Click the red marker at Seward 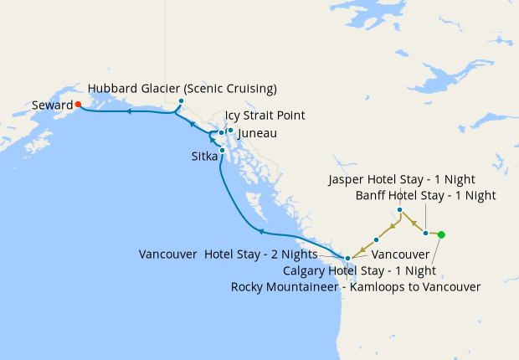point(78,105)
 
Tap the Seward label point(52,105)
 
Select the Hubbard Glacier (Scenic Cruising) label point(182,88)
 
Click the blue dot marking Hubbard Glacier point(181,101)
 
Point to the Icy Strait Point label point(265,116)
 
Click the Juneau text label point(257,133)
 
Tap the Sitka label point(203,156)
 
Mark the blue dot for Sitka point(222,150)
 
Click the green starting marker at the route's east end point(441,234)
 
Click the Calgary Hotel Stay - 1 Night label point(359,270)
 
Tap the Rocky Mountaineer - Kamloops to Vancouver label point(355,287)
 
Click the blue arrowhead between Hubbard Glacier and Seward point(129,110)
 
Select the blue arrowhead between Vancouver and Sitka point(261,231)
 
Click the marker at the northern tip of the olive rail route point(400,209)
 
